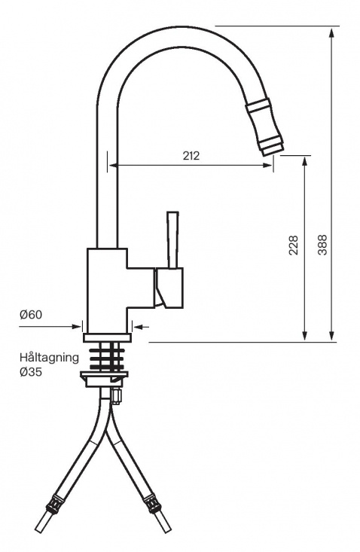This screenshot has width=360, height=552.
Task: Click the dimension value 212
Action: (191, 156)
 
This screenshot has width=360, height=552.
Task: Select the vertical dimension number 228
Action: (294, 246)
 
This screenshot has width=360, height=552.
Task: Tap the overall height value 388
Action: (322, 246)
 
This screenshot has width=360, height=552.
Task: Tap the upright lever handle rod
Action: (172, 239)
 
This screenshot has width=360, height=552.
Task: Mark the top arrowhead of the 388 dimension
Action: (333, 32)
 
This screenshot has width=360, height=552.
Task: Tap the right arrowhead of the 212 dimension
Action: (268, 166)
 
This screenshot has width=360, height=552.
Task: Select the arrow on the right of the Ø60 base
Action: (136, 326)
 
